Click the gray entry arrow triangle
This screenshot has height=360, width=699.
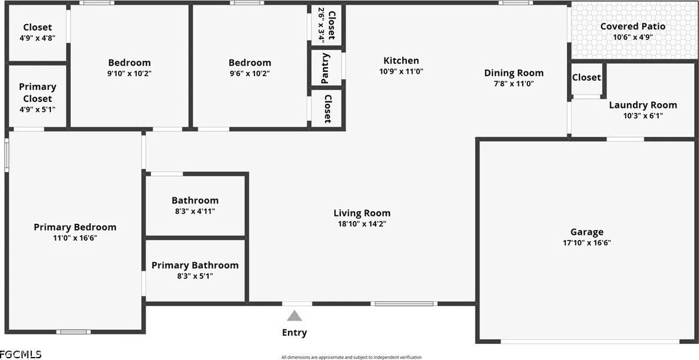tap(294, 316)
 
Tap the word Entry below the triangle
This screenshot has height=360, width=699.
tap(294, 333)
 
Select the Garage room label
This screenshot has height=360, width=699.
tap(587, 232)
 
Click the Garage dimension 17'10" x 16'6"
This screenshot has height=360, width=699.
tap(587, 243)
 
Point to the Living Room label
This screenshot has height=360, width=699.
tap(362, 213)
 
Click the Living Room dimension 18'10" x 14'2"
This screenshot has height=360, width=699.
tap(362, 224)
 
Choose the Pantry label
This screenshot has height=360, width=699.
tap(326, 68)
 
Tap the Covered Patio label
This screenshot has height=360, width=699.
tap(632, 26)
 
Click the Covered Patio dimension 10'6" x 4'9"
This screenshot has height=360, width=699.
tap(632, 37)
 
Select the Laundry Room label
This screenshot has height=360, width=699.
tap(643, 105)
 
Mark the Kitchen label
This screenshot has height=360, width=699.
tap(401, 61)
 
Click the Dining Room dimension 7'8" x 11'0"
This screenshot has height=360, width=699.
tap(514, 83)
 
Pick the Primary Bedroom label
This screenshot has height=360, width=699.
tap(75, 227)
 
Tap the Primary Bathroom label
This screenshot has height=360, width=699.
tap(195, 265)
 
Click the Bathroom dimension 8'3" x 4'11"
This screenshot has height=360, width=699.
tap(195, 211)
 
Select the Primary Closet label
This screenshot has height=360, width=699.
tap(37, 92)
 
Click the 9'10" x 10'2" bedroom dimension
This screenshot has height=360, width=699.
tap(129, 74)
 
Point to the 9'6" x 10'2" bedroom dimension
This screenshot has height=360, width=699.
tap(250, 74)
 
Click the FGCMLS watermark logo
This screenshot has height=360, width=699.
tap(21, 355)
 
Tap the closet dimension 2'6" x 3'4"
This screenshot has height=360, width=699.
tap(321, 25)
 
